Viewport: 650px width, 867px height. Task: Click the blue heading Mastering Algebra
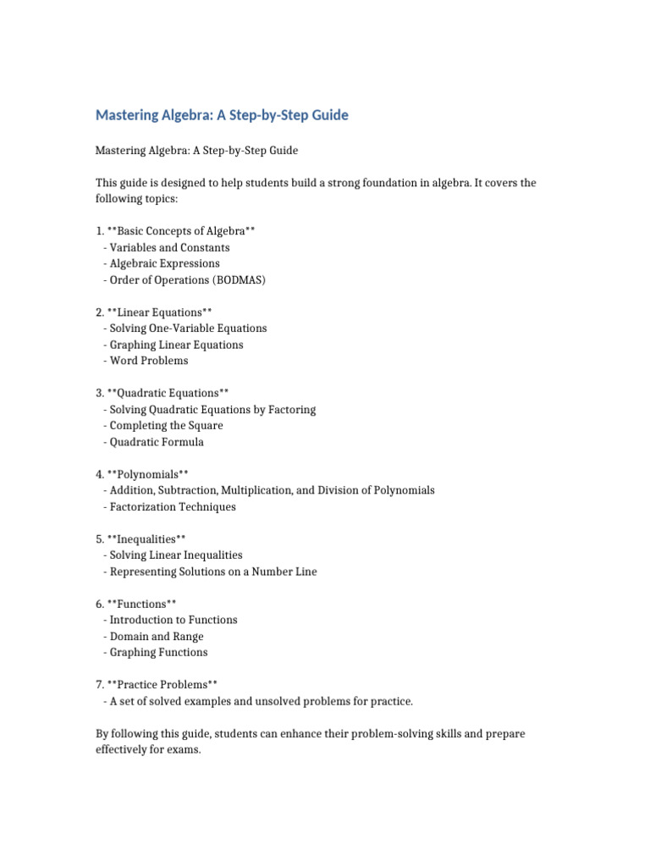click(222, 115)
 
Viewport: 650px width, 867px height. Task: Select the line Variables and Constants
click(169, 248)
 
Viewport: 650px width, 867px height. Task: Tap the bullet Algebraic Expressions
click(164, 264)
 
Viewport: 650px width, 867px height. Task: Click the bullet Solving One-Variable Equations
click(188, 329)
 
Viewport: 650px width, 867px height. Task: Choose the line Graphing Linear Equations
click(176, 345)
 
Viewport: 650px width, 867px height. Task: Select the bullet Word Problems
click(149, 361)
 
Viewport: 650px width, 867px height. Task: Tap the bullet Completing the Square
click(166, 426)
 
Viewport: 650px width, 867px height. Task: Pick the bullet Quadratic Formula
click(157, 442)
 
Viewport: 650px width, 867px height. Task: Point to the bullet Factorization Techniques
click(173, 507)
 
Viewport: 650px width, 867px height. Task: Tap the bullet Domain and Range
click(157, 637)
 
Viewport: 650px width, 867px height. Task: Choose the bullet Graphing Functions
click(158, 653)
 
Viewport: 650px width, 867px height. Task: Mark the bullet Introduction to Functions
click(174, 621)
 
